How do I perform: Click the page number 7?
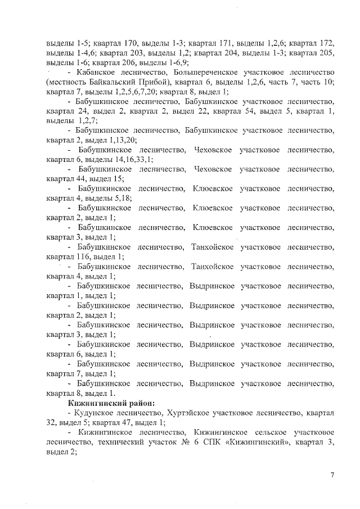pos(332,476)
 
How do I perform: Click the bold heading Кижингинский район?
pos(111,403)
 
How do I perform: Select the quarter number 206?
pos(128,63)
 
